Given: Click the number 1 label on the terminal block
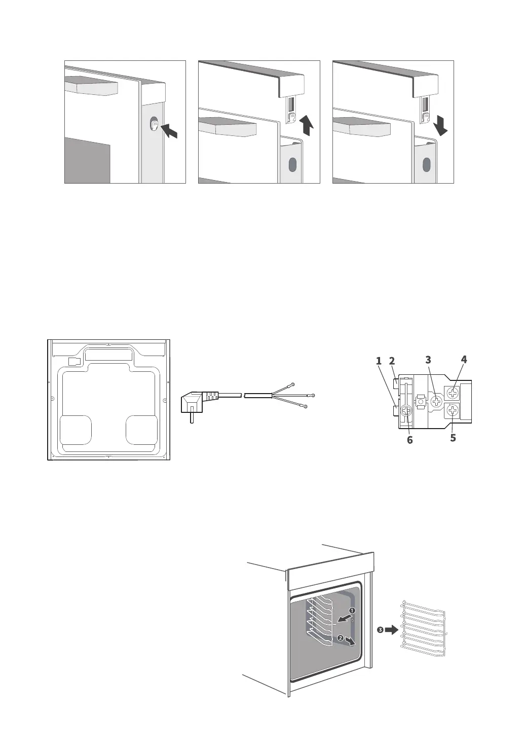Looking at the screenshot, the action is pos(379,361).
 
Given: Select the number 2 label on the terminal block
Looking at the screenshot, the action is pos(392,361).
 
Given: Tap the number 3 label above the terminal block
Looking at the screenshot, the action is pos(428,360).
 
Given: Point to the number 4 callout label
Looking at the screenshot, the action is pos(464,360).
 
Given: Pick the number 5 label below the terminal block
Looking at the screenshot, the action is pos(453,437).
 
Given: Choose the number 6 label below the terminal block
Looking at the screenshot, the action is pos(410,440).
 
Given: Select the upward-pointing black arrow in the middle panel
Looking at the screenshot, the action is pos(307,125).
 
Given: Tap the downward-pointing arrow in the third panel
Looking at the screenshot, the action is pos(440,125).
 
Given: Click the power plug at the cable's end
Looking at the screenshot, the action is pos(195,403).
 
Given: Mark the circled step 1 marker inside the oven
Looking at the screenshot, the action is pos(351,611).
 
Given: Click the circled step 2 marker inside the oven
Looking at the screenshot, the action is pos(341,638).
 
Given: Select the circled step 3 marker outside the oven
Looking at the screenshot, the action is pos(380,630).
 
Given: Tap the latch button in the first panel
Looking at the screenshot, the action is pos(154,124).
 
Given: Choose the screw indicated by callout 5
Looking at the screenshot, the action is pos(453,410).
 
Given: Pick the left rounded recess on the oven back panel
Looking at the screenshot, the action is pos(76,430).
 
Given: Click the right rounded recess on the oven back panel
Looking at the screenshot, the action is pos(141,430).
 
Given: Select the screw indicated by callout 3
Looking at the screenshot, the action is pos(436,401).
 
